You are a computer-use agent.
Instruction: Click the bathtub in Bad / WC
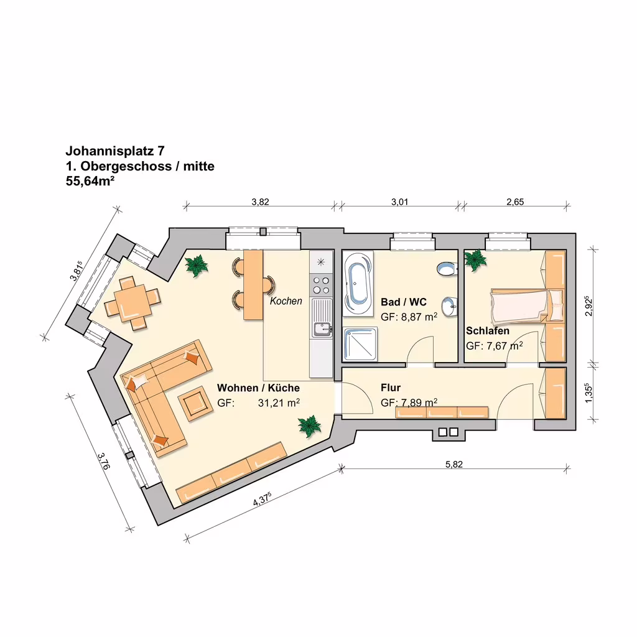(358, 284)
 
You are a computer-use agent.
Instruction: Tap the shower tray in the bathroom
(360, 345)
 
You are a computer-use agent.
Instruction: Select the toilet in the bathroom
(447, 269)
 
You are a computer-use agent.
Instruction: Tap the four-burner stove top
(321, 285)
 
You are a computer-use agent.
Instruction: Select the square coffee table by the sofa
(195, 403)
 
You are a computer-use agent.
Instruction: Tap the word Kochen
(286, 301)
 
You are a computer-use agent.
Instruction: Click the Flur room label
(391, 388)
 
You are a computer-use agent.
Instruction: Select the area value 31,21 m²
(279, 403)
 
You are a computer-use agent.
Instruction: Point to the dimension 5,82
(453, 464)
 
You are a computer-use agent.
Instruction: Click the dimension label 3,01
(400, 202)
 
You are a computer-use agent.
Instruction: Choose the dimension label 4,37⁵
(262, 499)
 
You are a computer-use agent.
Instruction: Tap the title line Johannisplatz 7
(115, 151)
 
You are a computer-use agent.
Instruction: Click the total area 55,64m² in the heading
(90, 181)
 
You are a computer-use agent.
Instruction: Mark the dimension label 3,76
(104, 461)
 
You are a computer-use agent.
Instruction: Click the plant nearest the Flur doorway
(310, 426)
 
